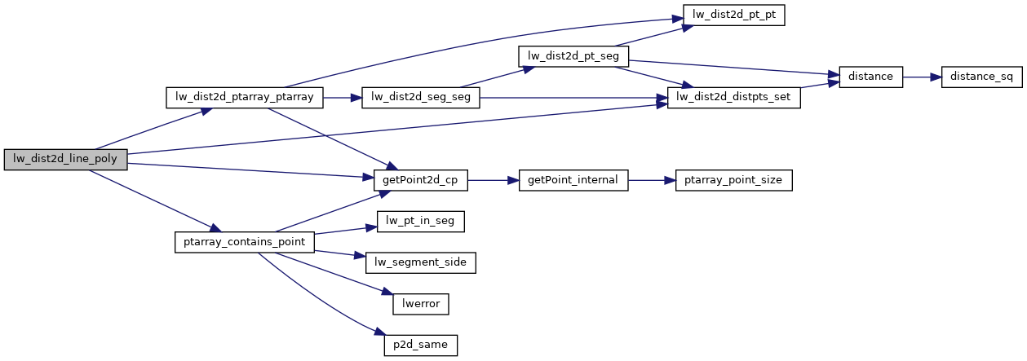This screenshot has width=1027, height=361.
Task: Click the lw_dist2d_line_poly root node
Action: (x=65, y=160)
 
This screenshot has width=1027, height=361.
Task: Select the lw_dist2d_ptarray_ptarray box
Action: (x=245, y=98)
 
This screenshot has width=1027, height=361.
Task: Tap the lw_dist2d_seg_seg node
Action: (x=421, y=98)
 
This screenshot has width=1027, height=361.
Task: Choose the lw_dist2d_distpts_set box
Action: (x=734, y=98)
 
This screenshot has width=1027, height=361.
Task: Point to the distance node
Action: (x=871, y=77)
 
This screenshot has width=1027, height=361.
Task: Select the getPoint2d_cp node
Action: (x=420, y=180)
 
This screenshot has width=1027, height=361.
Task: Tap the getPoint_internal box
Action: (x=573, y=180)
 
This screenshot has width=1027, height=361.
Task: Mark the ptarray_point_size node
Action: (x=734, y=180)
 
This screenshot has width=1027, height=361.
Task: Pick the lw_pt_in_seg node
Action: (x=420, y=222)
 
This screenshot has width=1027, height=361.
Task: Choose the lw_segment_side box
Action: (x=420, y=262)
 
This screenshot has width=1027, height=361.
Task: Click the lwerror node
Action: (x=421, y=304)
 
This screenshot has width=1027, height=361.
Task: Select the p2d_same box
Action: (x=421, y=345)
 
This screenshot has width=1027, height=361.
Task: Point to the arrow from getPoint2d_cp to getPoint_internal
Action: (x=494, y=180)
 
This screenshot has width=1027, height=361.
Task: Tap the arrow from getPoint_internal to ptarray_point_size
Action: (x=652, y=180)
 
